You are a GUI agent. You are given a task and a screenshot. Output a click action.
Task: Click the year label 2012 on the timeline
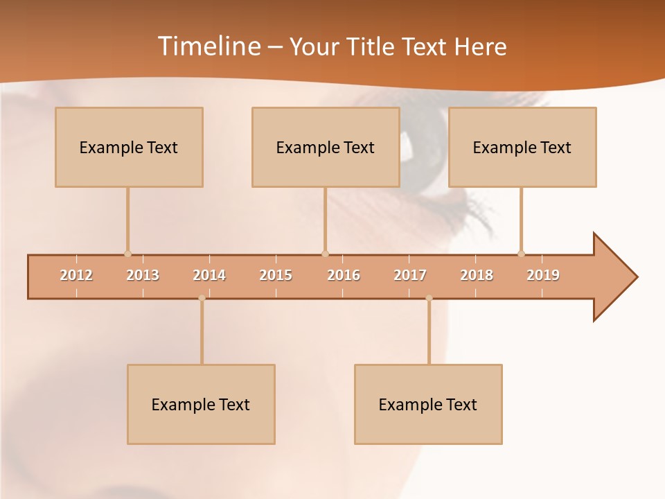76,275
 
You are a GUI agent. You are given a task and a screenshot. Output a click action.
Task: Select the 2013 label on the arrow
143,275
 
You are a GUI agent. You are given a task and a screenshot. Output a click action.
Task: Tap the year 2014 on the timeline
209,275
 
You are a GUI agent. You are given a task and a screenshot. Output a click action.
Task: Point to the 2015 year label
276,275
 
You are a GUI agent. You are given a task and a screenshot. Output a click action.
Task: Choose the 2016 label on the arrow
344,275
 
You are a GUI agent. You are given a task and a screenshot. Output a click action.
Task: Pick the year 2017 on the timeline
410,275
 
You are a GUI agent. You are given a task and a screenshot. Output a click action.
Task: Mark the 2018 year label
477,275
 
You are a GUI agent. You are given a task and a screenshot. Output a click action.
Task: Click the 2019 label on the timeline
543,275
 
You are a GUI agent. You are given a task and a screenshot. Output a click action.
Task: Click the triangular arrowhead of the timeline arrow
613,277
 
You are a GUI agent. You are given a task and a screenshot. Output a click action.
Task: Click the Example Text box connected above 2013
129,147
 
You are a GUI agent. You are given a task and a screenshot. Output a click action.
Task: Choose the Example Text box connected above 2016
326,147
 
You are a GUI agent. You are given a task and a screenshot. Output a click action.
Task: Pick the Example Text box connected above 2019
522,147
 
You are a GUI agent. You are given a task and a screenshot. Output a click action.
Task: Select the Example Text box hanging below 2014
201,404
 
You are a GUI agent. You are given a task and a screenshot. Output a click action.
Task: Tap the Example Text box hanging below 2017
428,404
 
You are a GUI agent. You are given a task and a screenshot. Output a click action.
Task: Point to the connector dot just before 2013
127,254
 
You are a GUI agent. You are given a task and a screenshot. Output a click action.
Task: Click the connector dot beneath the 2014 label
202,298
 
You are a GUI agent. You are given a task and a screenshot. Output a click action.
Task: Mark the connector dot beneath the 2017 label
429,298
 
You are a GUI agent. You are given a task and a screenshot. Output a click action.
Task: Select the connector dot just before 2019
521,254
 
